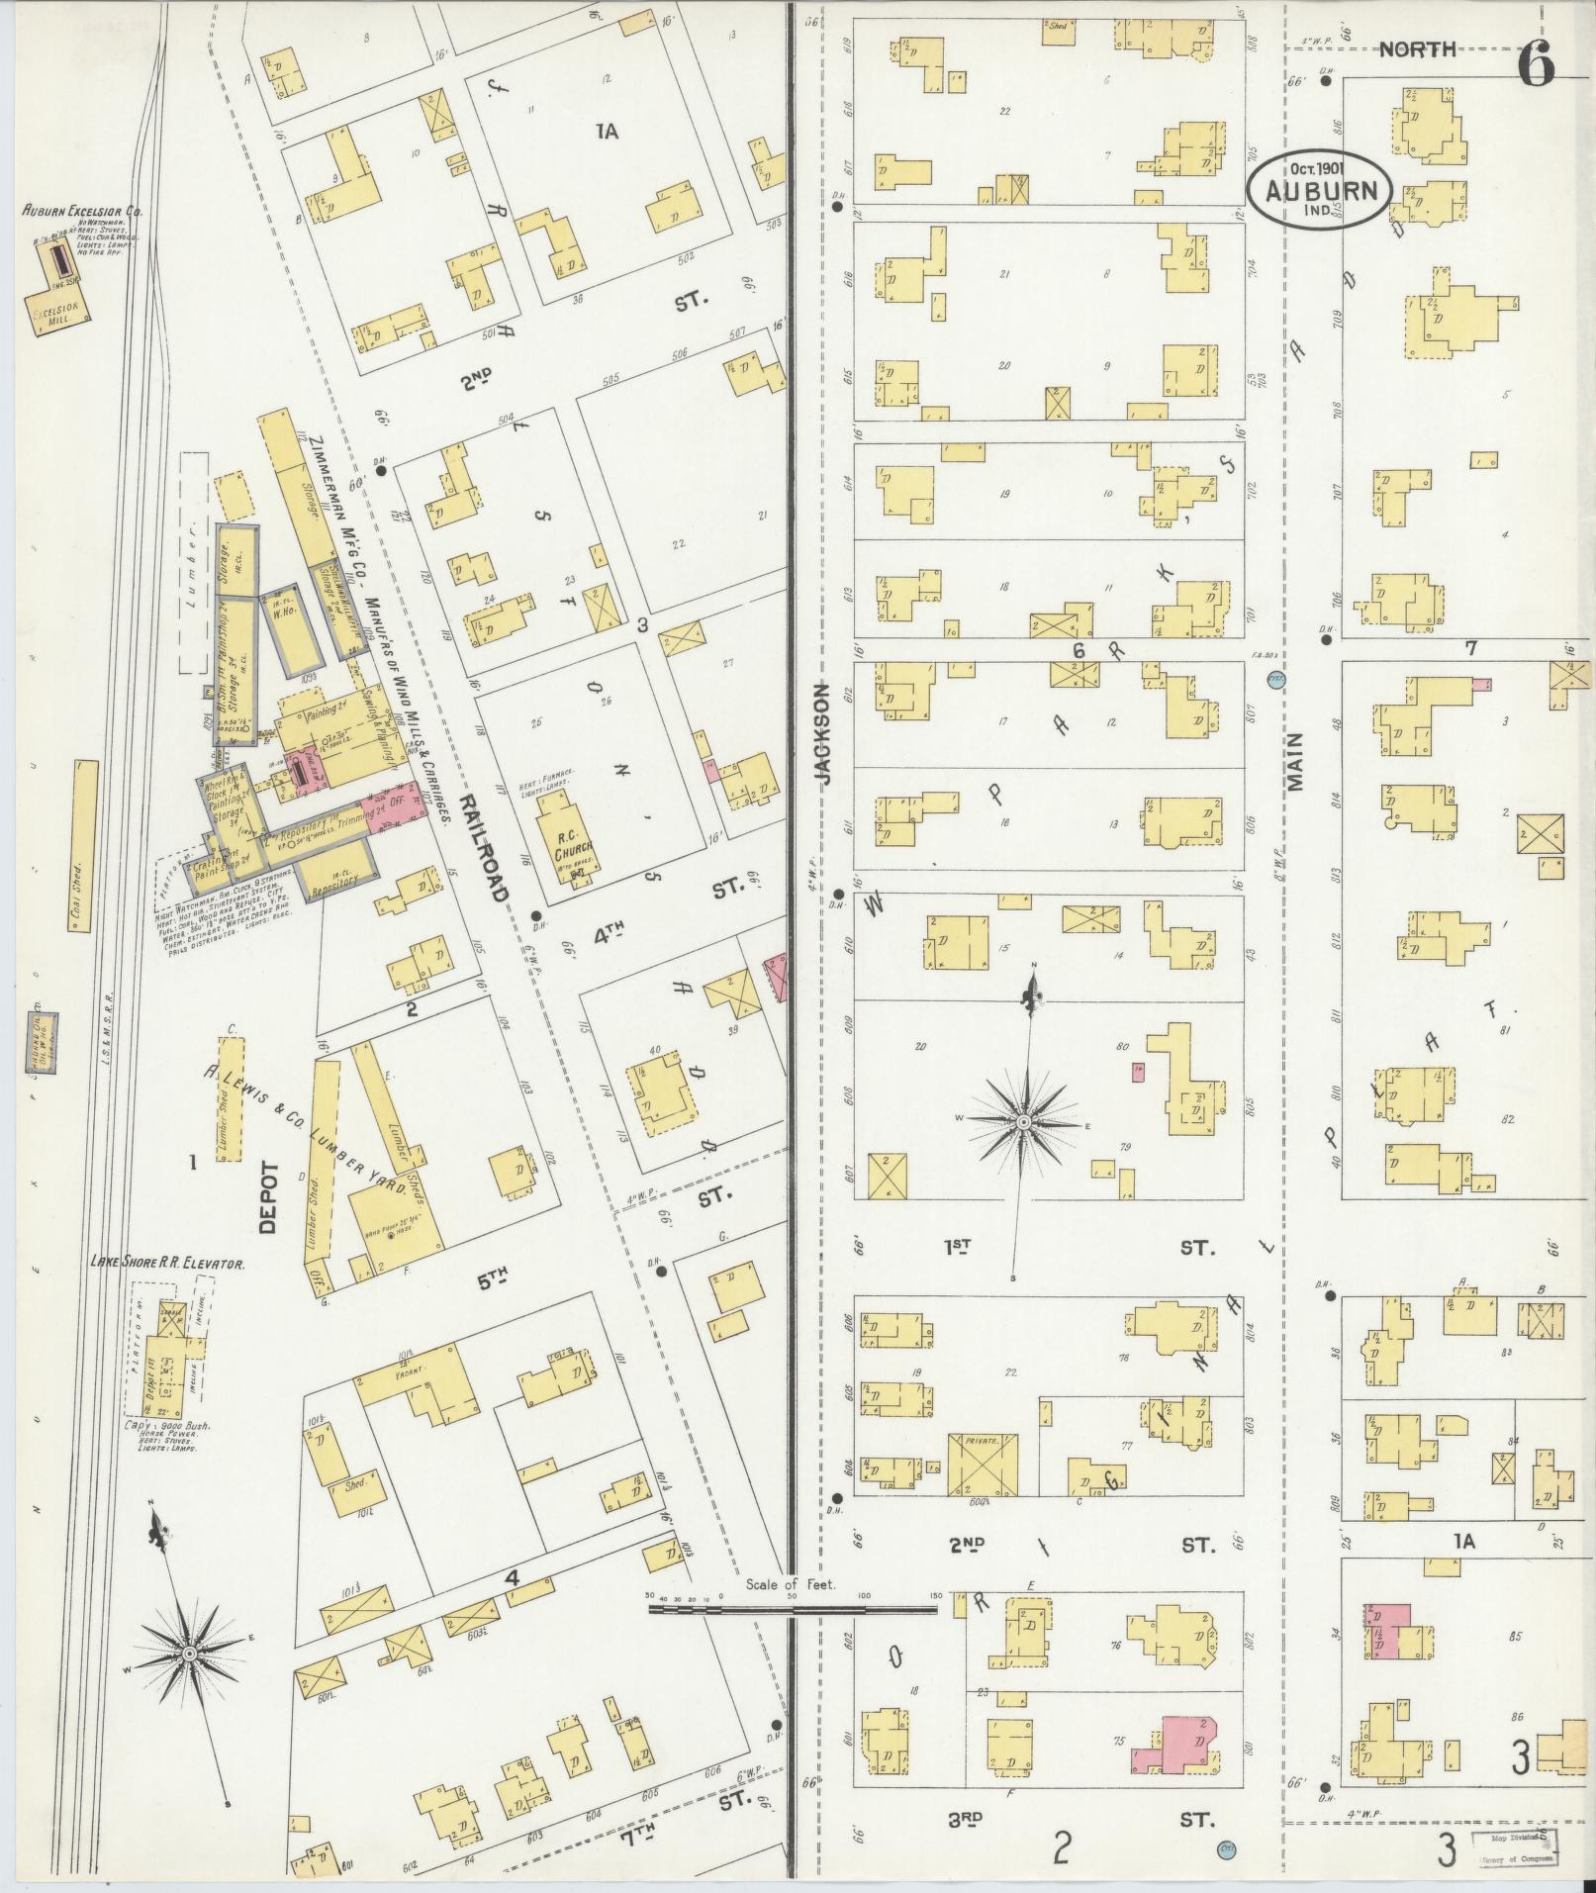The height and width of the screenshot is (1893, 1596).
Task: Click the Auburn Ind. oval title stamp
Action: click(x=1319, y=190)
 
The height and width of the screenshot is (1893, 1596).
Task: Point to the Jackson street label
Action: click(x=823, y=733)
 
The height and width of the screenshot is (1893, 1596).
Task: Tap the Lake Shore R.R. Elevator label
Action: click(x=167, y=1263)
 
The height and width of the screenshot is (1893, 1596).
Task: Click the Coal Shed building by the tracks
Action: click(x=84, y=847)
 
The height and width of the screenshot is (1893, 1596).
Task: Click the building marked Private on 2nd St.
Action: click(x=983, y=1477)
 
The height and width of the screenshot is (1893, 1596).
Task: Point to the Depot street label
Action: click(x=269, y=1196)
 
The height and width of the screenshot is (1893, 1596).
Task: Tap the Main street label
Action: click(x=1296, y=762)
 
